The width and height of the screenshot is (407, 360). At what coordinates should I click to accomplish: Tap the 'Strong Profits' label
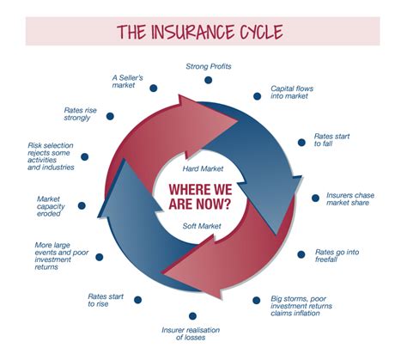coord(210,65)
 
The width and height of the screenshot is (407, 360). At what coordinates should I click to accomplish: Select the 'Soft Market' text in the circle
coord(203,225)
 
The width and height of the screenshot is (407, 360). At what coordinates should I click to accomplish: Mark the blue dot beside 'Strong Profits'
coord(208,80)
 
